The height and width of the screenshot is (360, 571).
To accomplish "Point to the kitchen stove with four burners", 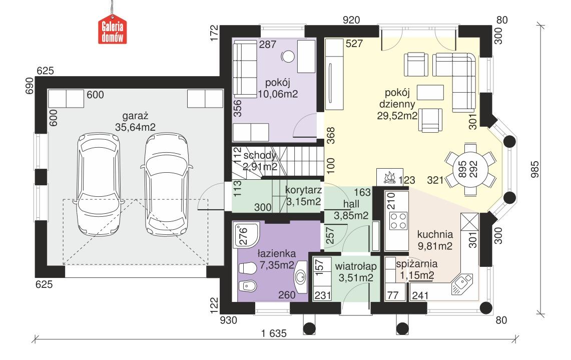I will pyautogui.click(x=398, y=221).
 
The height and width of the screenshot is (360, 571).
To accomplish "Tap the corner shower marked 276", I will pyautogui.click(x=248, y=235).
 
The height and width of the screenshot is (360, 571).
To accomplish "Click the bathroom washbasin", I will pyautogui.click(x=302, y=276).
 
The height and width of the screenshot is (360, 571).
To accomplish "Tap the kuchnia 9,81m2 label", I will pyautogui.click(x=434, y=239).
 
